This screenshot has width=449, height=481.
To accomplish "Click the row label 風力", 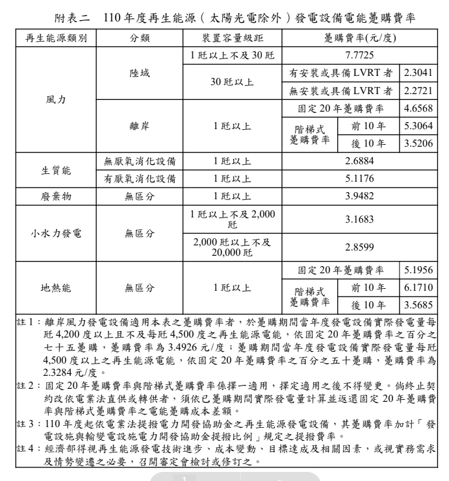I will pyautogui.click(x=55, y=101).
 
